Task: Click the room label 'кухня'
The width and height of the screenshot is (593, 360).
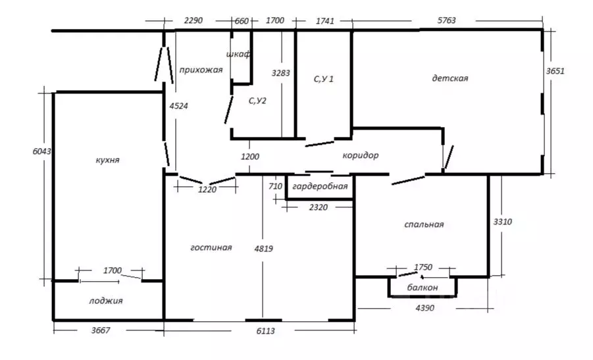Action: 108,160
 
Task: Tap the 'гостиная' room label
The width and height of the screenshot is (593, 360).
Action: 211,247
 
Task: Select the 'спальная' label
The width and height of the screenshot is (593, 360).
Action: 424,224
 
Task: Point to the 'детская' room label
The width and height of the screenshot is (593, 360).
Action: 450,78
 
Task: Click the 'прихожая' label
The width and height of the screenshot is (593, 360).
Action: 201,70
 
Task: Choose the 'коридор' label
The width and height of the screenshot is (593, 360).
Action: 361,155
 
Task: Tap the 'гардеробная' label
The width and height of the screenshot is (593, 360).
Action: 320,186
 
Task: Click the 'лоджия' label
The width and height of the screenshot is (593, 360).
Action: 106,301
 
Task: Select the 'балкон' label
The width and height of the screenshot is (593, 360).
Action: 423,288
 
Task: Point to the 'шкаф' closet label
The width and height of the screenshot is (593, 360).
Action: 238,54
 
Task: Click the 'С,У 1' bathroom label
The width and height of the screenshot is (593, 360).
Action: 323,79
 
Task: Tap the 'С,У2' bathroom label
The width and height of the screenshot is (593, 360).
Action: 257,101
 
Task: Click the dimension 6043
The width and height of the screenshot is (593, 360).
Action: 41,151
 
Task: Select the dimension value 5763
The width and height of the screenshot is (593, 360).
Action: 447,20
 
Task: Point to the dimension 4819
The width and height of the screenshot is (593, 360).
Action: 264,248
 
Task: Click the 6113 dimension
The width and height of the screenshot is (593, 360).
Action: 265,331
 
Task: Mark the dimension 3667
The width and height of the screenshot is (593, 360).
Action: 101,330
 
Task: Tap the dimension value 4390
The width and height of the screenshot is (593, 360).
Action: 425,308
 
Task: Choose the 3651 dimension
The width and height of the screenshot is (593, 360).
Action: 555,70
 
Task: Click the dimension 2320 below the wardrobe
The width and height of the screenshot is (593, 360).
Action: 318,207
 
